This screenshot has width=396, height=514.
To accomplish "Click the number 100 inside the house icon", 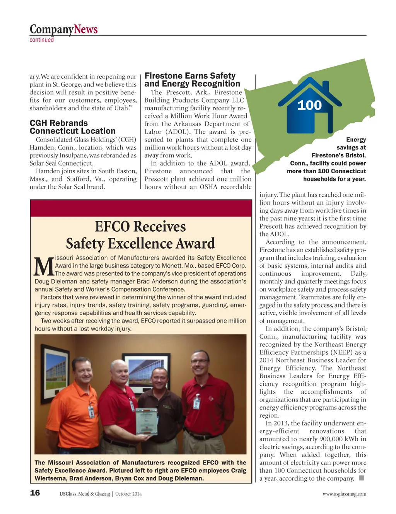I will [309, 105].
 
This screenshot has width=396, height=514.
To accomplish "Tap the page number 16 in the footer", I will [35, 493].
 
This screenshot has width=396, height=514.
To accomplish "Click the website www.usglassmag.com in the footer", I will [344, 494].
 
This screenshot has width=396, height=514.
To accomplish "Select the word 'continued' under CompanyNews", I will [42, 40].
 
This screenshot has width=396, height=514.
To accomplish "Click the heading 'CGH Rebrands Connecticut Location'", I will [72, 127].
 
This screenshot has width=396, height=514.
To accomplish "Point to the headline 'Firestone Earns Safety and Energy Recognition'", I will [192, 80].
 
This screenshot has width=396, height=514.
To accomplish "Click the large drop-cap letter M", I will [44, 266].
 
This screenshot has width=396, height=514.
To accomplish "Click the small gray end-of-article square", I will [362, 478].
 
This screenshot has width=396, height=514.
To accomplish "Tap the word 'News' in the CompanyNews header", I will [86, 29].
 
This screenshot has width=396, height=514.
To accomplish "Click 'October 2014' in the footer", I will [128, 494].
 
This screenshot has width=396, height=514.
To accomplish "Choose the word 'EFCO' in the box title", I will [112, 227].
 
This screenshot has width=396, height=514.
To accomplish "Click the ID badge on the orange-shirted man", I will [91, 412].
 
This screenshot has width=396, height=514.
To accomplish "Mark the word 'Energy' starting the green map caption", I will [356, 140].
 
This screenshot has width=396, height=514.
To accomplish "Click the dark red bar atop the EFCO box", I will [141, 208].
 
